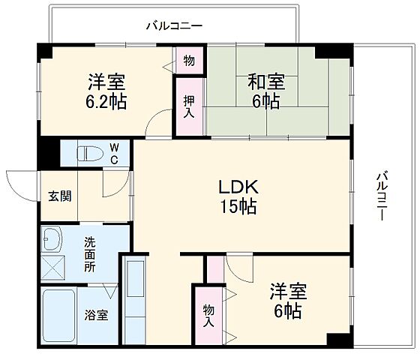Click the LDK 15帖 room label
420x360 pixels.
click(238, 196)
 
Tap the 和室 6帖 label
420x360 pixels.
click(262, 91)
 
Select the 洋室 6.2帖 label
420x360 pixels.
click(105, 91)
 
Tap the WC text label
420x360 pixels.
click(114, 154)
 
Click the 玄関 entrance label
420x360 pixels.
click(60, 196)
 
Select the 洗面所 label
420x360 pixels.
click(89, 253)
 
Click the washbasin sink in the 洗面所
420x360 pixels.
click(54, 239)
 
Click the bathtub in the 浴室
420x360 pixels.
click(57, 316)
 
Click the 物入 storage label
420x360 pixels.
click(207, 314)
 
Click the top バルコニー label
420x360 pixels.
click(174, 25)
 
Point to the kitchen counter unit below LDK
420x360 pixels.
click(136, 300)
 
